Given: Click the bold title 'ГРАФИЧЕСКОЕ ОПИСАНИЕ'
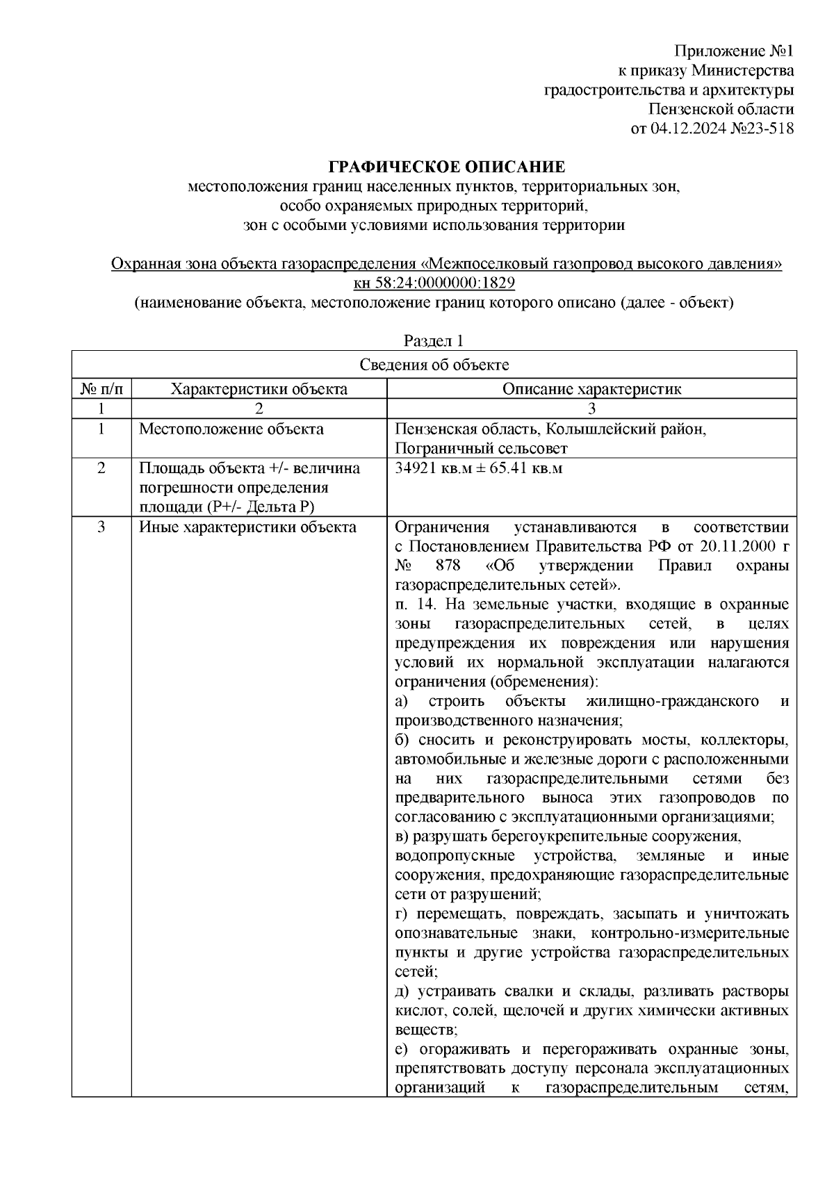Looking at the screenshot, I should pos(447,167).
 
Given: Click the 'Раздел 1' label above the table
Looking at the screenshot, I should pos(434,341).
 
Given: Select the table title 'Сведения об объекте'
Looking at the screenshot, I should pos(434,365).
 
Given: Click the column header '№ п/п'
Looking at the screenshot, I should pos(101,389).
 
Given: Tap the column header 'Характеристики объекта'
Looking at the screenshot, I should pos(259,389).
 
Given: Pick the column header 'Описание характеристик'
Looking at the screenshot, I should pos(591,389).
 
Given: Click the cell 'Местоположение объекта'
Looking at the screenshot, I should pos(231,429).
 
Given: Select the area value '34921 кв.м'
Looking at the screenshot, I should pos(425,468).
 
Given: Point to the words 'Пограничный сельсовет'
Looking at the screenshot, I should pos(481,449).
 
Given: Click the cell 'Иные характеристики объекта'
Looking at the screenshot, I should pos(247,527).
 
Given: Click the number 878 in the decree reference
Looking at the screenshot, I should pos(452,566).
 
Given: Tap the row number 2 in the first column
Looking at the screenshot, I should pos(101,468).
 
